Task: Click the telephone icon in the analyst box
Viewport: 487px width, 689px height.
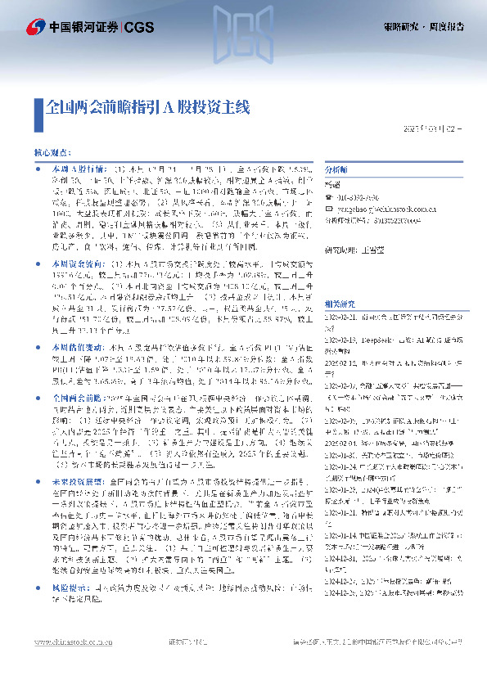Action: point(330,196)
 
